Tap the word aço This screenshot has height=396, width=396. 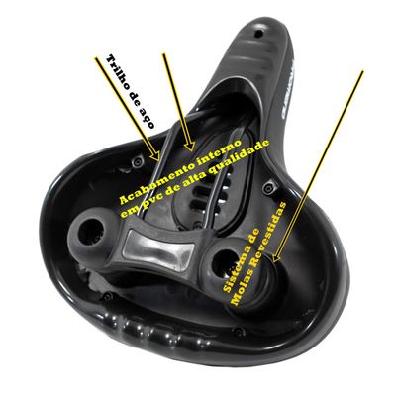(x=147, y=119)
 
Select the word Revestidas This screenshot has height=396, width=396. (x=269, y=237)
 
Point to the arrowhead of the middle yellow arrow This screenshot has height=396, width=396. (x=190, y=146)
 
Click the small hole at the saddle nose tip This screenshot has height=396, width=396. (x=259, y=33)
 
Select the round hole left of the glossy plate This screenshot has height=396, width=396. (x=90, y=231)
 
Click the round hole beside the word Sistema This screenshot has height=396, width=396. (x=222, y=260)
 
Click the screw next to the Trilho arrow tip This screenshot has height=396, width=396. (x=136, y=161)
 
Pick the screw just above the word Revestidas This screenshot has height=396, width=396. (x=267, y=188)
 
